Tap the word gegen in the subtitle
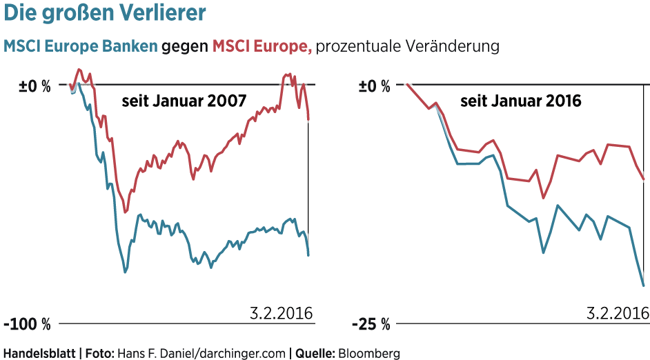(184, 46)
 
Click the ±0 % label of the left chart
(35, 86)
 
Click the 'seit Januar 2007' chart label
(184, 101)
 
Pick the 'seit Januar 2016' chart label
(521, 101)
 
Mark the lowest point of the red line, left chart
(125, 212)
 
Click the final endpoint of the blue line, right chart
(643, 285)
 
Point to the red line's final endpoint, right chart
(643, 179)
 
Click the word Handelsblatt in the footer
(39, 353)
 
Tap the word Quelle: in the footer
(315, 353)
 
